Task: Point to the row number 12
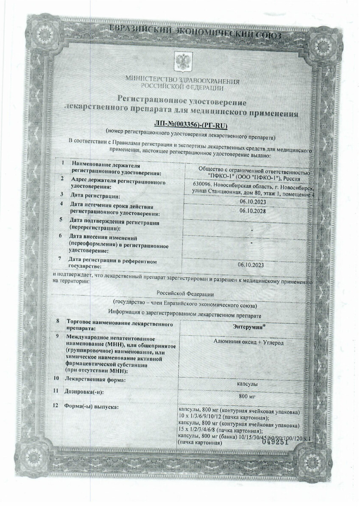click(56, 407)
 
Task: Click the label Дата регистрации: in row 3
click(96, 196)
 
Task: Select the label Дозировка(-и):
click(85, 392)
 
